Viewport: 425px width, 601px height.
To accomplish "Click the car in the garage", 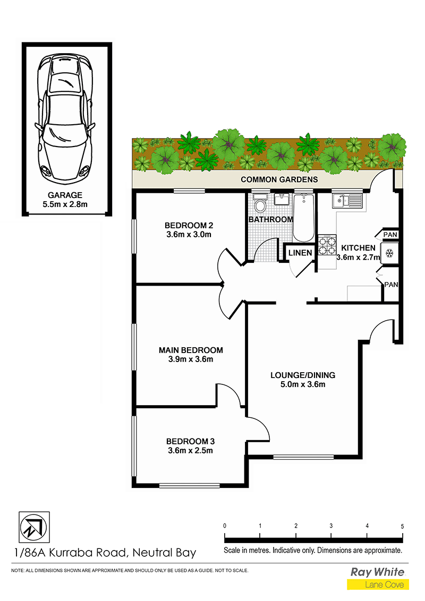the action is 65,119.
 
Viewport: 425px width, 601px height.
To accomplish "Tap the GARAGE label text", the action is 65,195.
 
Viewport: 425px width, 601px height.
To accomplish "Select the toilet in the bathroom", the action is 260,204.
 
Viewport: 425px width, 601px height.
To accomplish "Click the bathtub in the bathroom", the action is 304,218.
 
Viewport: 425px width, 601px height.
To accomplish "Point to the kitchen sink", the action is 347,201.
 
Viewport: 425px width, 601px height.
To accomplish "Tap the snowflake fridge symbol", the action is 389,253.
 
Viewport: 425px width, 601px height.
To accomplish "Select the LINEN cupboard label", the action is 300,253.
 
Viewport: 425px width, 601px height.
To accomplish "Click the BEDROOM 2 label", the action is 189,225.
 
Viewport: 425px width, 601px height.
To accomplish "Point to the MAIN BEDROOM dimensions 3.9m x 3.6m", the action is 191,359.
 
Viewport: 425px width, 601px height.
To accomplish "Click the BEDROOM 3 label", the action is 190,442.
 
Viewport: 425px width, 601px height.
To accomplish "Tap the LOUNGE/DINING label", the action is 303,375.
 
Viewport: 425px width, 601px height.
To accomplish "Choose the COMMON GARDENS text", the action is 279,179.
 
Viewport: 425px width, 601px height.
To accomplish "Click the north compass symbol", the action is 34,527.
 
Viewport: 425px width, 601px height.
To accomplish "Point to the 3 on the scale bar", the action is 331,526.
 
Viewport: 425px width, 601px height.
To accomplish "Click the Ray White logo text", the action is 378,572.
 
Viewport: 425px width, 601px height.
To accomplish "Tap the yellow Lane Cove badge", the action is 378,585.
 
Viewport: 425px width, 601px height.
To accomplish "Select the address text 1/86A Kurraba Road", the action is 70,553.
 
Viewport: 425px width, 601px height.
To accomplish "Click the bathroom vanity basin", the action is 282,200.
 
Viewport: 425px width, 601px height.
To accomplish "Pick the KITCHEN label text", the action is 358,248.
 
